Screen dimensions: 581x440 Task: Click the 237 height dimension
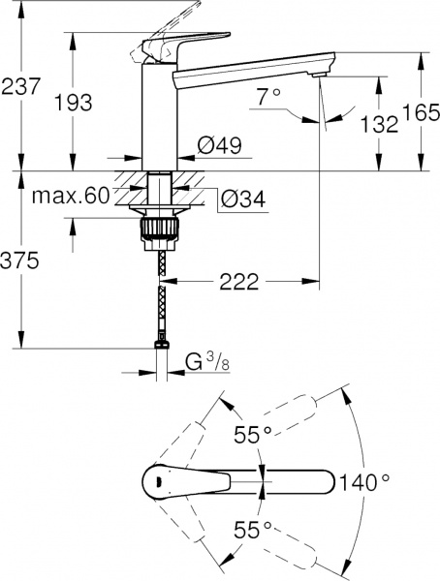coord(20,86)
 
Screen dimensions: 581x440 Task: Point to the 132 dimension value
coord(379,123)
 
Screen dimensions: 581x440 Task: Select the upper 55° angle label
coord(247,436)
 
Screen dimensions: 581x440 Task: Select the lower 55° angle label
coord(247,530)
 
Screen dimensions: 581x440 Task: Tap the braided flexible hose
coord(159,290)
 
